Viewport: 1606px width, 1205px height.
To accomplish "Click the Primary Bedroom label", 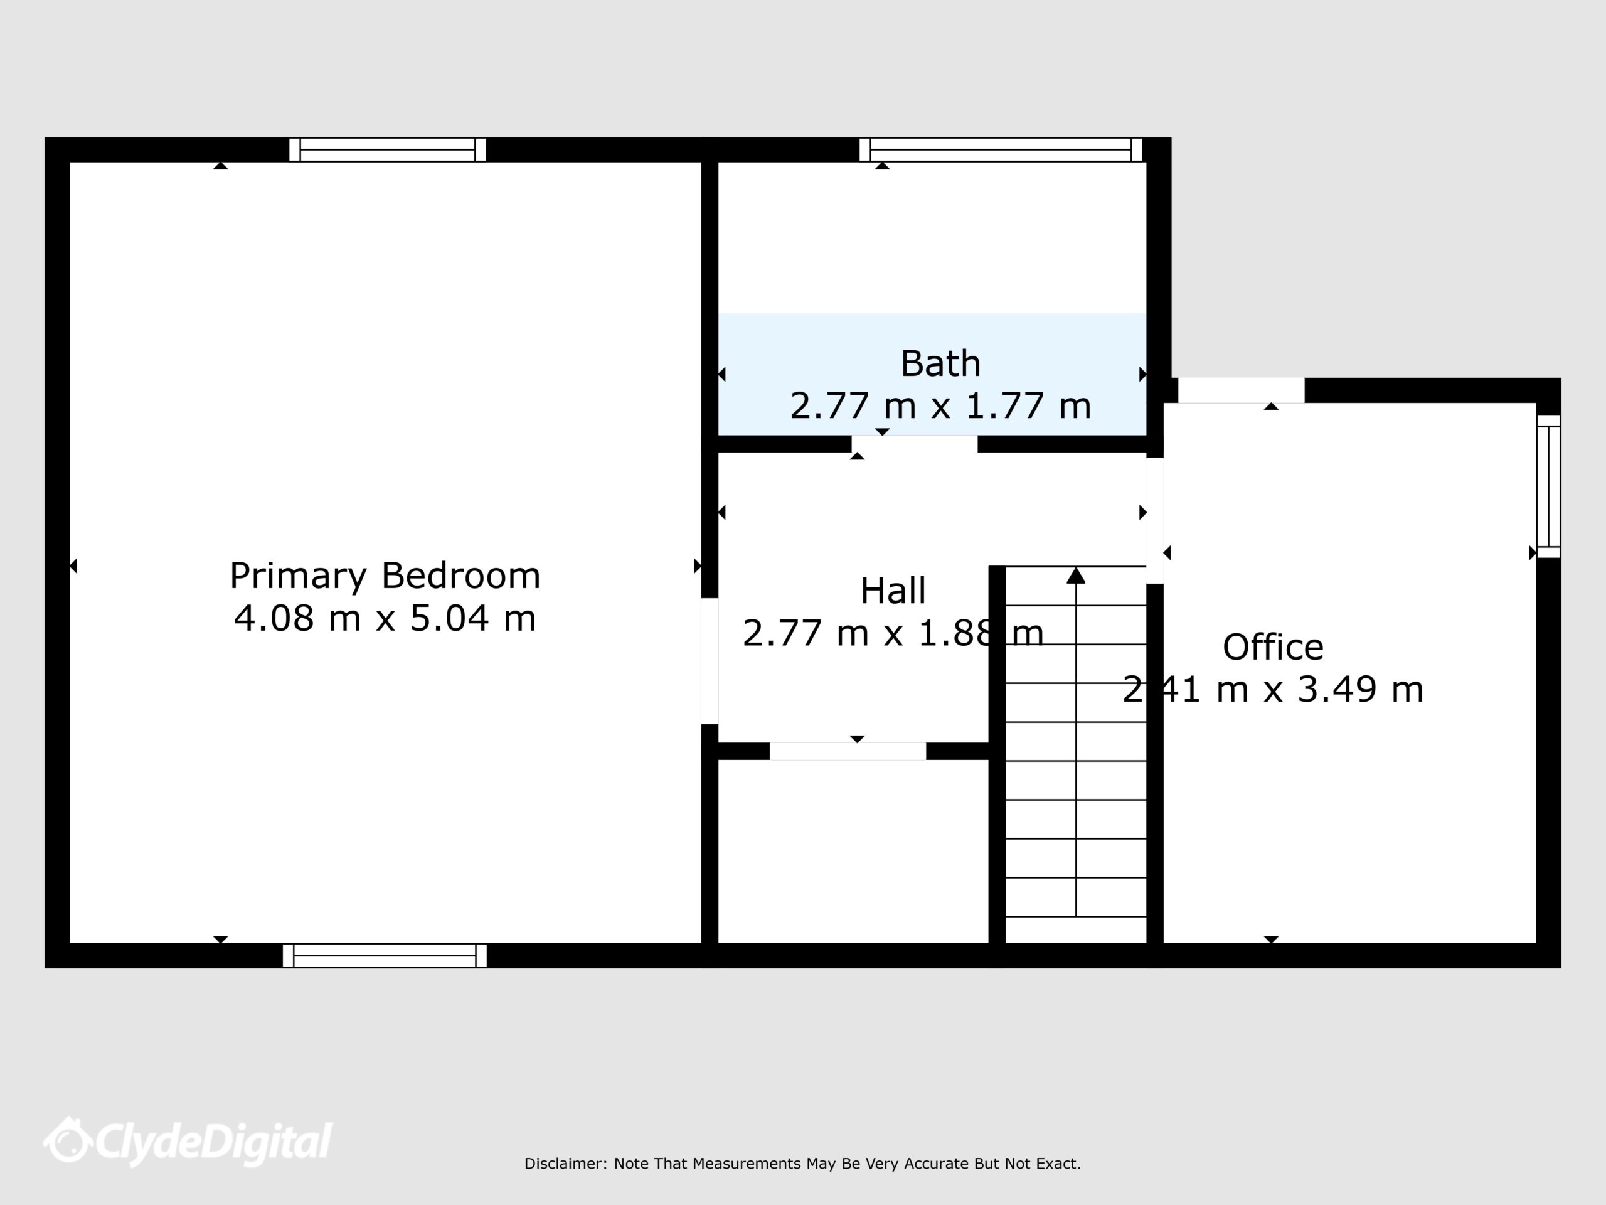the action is pos(385,577).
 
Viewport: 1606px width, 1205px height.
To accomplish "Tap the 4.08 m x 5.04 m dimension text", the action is pos(385,619).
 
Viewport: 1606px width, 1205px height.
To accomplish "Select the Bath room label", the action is pos(940,363).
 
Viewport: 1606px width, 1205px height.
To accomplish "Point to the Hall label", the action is pos(893,591).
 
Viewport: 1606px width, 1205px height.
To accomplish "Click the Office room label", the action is pos(1273,646).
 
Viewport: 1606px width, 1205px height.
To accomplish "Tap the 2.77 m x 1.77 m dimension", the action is pos(940,405).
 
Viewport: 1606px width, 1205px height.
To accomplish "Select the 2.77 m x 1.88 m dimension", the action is pos(893,633).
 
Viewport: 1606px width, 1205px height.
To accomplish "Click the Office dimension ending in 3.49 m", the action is pos(1273,688).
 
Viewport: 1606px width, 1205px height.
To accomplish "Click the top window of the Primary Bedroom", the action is pos(387,149).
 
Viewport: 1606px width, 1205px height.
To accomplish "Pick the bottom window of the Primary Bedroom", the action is pos(385,956).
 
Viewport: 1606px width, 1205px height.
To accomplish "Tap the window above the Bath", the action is pos(1001,149).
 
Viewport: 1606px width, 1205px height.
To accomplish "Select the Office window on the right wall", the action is pos(1549,486).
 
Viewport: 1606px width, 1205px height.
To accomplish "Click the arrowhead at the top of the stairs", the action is pos(1076,576).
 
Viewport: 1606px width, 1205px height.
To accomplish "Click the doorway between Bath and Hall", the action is pos(914,444).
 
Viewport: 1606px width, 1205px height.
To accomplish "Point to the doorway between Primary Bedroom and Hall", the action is pos(710,661).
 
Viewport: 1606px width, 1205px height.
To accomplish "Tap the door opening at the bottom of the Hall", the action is pos(848,751).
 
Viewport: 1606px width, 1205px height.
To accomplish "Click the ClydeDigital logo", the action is pos(188,1142).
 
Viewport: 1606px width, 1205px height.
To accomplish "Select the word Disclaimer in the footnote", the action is pos(564,1164).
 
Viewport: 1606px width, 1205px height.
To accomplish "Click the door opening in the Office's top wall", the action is pos(1241,390).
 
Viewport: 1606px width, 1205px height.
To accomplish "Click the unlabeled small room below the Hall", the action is pos(853,851).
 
